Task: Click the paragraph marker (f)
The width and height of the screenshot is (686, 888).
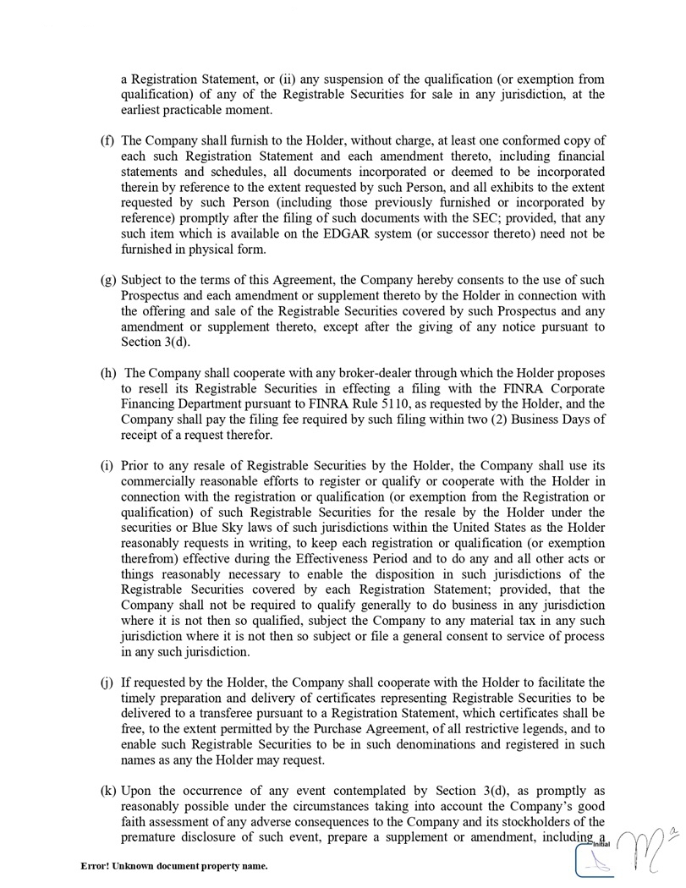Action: pos(107,140)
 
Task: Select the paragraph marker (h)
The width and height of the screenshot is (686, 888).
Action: pos(108,373)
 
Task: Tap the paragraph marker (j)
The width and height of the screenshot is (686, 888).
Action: pos(107,682)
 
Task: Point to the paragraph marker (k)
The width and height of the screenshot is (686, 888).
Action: pos(108,791)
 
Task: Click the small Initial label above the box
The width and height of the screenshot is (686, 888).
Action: pos(601,843)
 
